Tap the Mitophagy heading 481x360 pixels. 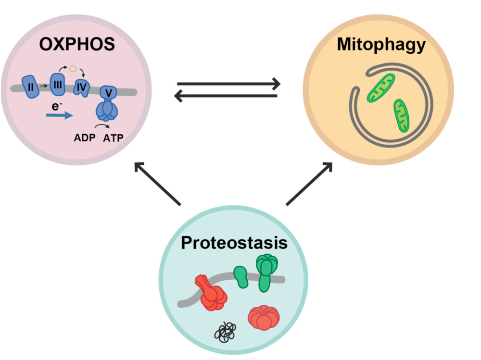point(381,44)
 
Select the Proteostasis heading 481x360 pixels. point(234,243)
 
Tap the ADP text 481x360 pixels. point(84,138)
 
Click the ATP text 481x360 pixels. point(114,138)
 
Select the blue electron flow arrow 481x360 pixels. point(60,115)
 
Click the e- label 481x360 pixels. point(57,104)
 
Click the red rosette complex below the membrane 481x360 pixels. point(263,317)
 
